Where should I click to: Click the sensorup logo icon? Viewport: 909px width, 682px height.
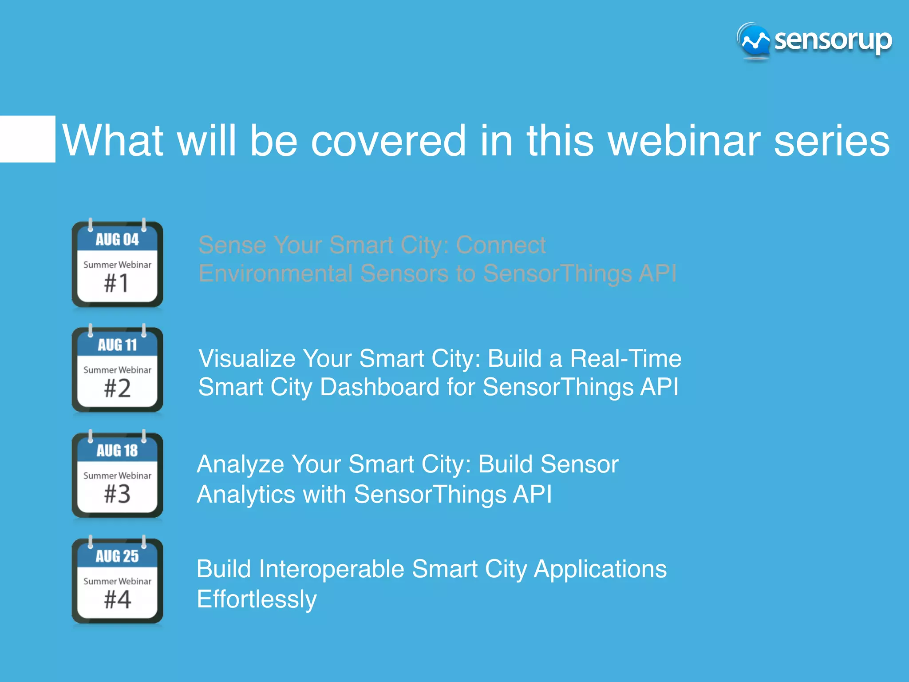pos(754,41)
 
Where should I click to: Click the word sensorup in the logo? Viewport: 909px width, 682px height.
pos(833,41)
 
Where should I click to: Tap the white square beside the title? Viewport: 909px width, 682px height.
pos(28,139)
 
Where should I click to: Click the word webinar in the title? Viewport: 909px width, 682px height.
pos(684,141)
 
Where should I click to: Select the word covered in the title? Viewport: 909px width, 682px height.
pos(388,141)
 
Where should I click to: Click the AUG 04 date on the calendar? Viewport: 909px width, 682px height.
pos(117,240)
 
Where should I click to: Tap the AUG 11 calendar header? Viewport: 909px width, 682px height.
pos(117,345)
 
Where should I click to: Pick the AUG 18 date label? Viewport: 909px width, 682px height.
pos(117,451)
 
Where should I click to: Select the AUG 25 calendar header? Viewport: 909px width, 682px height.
pos(117,556)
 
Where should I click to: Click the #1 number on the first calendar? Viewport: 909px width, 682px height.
pos(117,283)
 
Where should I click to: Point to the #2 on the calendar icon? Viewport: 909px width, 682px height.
pos(117,389)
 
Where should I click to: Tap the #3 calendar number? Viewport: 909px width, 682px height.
pos(117,494)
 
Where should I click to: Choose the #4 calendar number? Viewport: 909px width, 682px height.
pos(117,599)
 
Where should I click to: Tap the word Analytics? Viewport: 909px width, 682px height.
pos(246,495)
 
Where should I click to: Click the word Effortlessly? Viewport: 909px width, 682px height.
pos(257,600)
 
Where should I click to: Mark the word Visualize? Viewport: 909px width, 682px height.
pos(247,358)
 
